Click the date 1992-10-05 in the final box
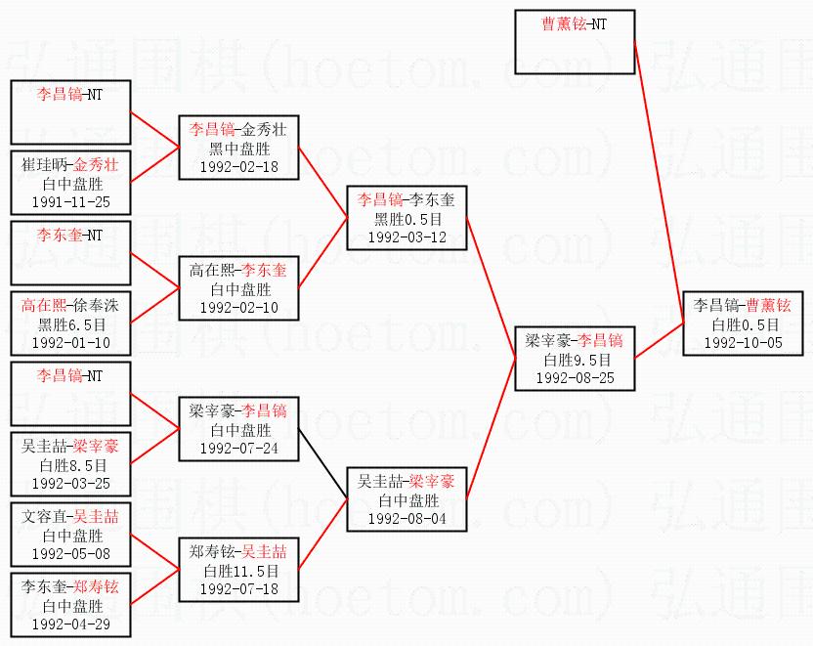coord(745,343)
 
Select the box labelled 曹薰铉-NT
coord(575,42)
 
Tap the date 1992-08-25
coord(576,377)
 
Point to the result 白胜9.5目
coord(576,360)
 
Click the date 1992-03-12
coord(406,237)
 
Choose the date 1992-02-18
coord(238,166)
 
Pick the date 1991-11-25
coord(70,202)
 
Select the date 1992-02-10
coord(238,307)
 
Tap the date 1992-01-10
coord(70,343)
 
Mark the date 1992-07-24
coord(238,448)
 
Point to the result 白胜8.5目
coord(70,465)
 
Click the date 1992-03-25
coord(70,483)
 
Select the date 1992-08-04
coord(406,518)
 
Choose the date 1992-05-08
coord(70,553)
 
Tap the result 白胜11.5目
coord(238,571)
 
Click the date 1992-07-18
coord(238,588)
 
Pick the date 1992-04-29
coord(70,624)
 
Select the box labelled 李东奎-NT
coord(70,253)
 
